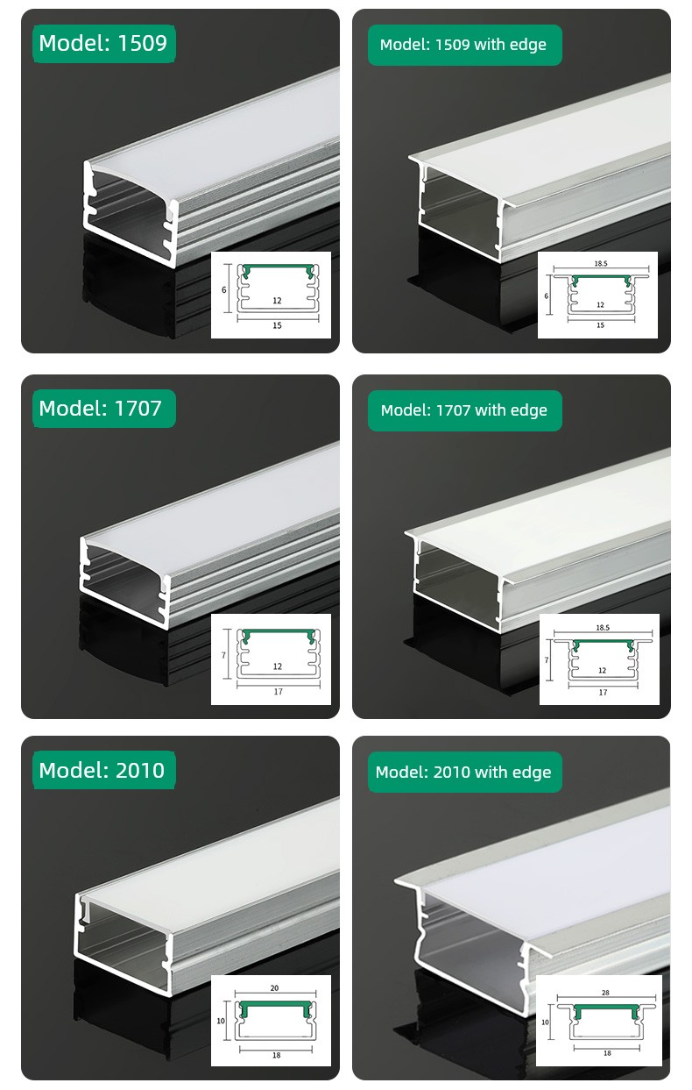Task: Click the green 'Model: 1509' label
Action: [x=104, y=44]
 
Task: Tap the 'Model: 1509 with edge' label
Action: [x=464, y=45]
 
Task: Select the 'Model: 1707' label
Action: [x=104, y=409]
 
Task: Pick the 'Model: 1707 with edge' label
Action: [x=464, y=410]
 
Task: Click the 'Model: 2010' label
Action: [x=104, y=770]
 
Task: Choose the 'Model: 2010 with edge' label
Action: [x=464, y=773]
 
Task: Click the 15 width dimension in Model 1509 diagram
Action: [x=277, y=325]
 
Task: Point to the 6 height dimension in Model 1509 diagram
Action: [x=223, y=290]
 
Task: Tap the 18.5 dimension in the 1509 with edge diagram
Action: [x=601, y=263]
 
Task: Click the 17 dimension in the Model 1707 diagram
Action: [x=278, y=692]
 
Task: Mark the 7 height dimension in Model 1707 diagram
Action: [x=223, y=655]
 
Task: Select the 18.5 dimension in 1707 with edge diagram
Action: [x=603, y=627]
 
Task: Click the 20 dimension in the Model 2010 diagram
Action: [x=274, y=987]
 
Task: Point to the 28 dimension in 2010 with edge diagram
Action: [x=605, y=992]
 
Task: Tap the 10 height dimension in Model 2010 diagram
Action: [x=221, y=1021]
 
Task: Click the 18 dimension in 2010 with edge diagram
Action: [x=607, y=1053]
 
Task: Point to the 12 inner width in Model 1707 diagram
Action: [x=278, y=666]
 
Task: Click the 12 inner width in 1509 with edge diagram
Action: [x=600, y=304]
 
